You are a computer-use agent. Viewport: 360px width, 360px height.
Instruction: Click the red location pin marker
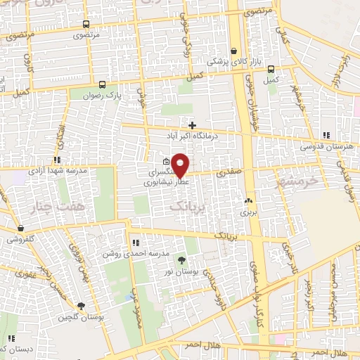coord(181,165)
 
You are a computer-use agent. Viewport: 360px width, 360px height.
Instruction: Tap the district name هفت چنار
coord(49,205)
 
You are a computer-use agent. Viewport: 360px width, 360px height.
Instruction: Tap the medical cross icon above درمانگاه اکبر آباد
coord(192,124)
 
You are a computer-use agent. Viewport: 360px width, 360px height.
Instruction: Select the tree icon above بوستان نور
coord(183,260)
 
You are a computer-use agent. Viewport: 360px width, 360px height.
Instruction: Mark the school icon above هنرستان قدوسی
coord(325,135)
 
